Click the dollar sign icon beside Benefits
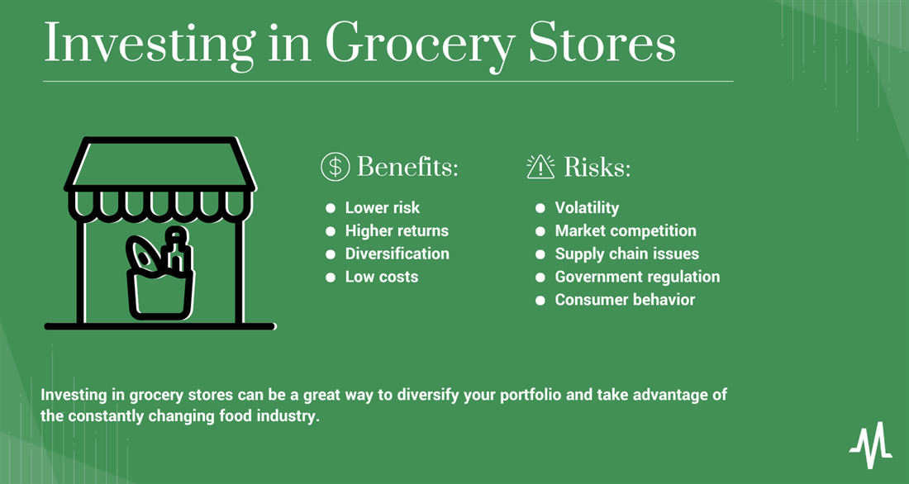(335, 167)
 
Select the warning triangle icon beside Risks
(540, 167)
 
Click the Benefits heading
(407, 167)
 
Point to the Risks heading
(597, 167)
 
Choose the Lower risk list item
(383, 207)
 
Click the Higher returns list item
(397, 230)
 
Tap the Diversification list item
(397, 254)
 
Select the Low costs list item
(382, 277)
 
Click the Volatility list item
(588, 207)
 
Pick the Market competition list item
(626, 230)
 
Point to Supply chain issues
(627, 254)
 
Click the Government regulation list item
(638, 277)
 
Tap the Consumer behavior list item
(625, 300)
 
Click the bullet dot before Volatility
(540, 208)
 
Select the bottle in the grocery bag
(177, 250)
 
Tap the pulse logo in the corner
(871, 445)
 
